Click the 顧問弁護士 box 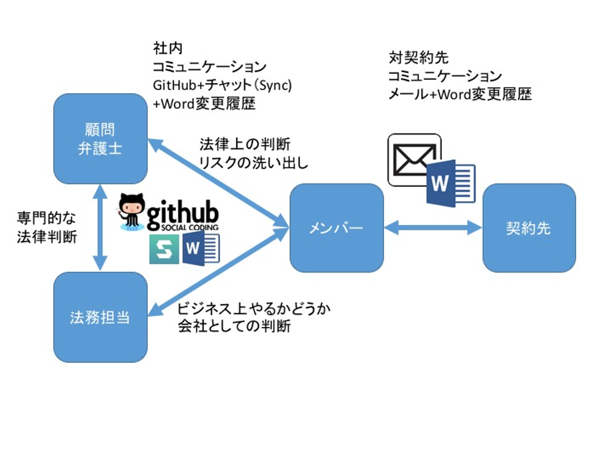coord(100,139)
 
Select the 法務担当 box coord(100,317)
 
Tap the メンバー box coord(337,228)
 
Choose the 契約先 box coord(529,228)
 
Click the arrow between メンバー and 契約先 coord(433,228)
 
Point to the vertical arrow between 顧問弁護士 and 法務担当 coord(100,228)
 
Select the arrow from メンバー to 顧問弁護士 coord(217,183)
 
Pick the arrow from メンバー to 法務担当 coord(217,272)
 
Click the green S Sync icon coord(164,249)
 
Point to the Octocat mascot coord(132,211)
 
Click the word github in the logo coord(183,212)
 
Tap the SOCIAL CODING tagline coord(190,228)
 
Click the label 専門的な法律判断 coord(47,227)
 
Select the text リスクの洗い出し coord(254,162)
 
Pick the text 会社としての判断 coord(234,326)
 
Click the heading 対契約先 coord(419,57)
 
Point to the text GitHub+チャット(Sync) coord(222,85)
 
